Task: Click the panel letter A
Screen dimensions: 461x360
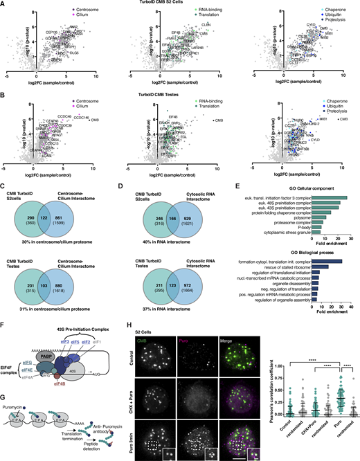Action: [x=4, y=4]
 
